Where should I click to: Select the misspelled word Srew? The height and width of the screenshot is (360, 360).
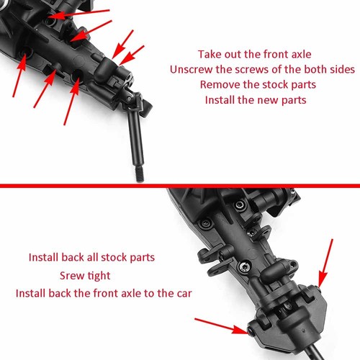(73, 276)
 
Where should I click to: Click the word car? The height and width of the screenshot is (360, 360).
(186, 294)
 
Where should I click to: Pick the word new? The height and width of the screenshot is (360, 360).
(265, 100)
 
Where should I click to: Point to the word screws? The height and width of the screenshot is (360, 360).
(252, 70)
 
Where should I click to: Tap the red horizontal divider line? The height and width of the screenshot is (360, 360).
(180, 185)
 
